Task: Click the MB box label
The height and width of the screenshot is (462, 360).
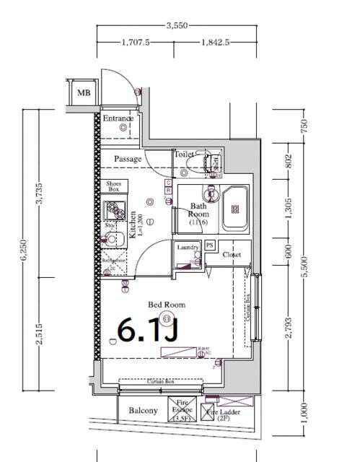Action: click(x=84, y=92)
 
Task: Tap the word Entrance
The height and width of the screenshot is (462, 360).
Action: click(x=117, y=118)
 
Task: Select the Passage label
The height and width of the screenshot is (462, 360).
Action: click(x=127, y=159)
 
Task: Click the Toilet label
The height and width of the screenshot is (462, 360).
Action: click(x=184, y=154)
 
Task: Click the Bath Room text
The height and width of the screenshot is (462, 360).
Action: click(x=198, y=211)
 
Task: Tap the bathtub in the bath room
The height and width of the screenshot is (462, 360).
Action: click(x=234, y=209)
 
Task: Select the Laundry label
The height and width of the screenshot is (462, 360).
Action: click(x=188, y=248)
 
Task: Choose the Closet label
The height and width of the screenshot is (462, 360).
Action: click(x=232, y=255)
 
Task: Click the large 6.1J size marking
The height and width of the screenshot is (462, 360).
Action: click(x=147, y=331)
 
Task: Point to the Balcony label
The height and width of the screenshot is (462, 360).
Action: click(x=143, y=411)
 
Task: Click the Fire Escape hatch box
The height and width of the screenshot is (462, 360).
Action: click(x=181, y=409)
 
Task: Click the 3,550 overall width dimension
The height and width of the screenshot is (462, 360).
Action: click(x=177, y=25)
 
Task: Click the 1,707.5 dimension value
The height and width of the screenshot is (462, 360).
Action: click(x=135, y=43)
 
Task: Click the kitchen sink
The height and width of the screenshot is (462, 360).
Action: click(x=113, y=212)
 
